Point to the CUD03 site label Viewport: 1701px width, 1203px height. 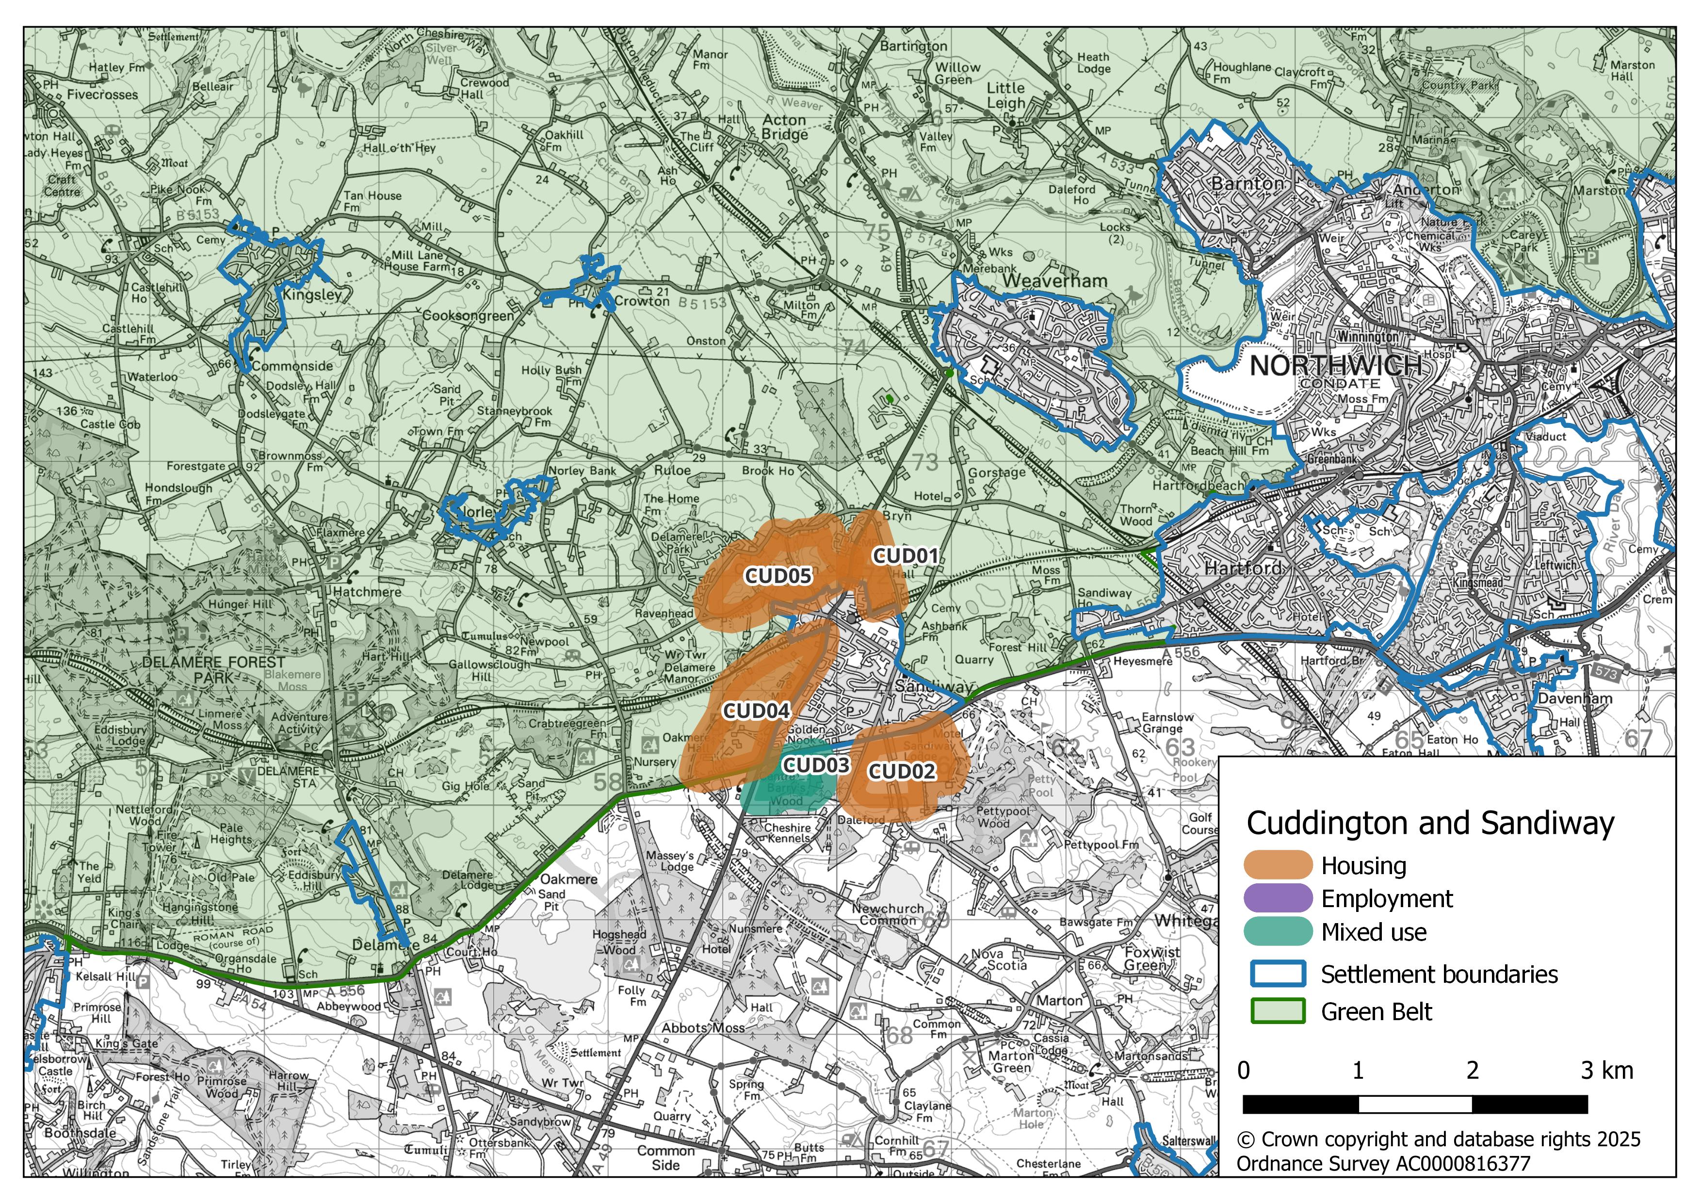point(816,765)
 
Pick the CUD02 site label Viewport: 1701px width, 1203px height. point(902,772)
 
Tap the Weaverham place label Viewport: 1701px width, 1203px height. point(1055,281)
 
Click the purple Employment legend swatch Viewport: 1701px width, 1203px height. point(1277,898)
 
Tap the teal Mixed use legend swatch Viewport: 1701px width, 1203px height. point(1277,932)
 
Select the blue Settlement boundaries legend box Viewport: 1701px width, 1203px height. point(1277,974)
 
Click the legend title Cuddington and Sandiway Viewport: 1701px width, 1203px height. point(1430,823)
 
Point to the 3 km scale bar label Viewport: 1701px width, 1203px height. point(1606,1071)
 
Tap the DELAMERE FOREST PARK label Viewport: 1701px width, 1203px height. point(213,669)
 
